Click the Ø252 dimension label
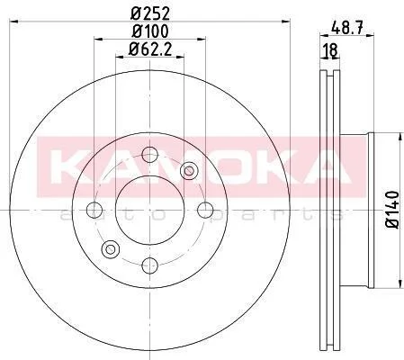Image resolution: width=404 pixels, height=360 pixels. point(150,13)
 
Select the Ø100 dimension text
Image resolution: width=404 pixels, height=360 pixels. point(150,31)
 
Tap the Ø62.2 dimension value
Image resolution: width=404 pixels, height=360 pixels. point(150,49)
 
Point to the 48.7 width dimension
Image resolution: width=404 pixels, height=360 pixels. point(347,29)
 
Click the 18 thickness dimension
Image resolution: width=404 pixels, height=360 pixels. point(330,50)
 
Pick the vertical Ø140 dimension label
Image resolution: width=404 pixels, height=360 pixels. point(392,210)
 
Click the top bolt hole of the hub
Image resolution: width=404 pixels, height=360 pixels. point(149,155)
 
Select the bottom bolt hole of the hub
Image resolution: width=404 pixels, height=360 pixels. point(149,265)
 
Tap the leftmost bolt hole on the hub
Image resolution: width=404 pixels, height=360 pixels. point(94,210)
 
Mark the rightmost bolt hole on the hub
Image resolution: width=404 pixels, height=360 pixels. point(205,210)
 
